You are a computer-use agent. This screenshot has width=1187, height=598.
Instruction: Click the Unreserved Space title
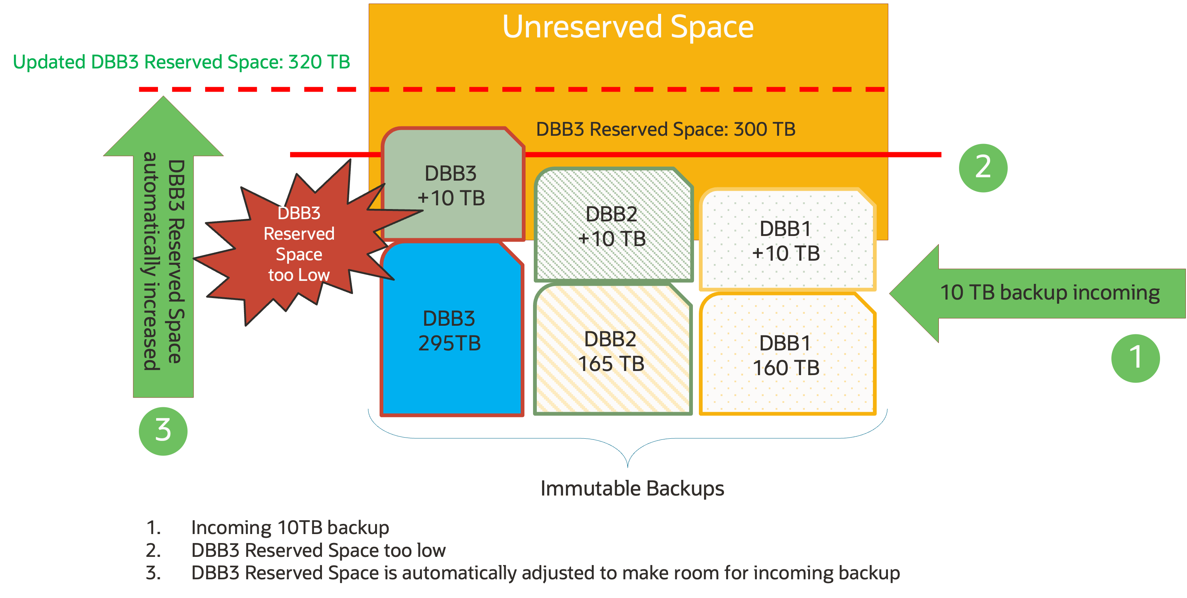pyautogui.click(x=628, y=27)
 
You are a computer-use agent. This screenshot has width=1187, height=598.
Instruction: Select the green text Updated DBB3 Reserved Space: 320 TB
pyautogui.click(x=182, y=62)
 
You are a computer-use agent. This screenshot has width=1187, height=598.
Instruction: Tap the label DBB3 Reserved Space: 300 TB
pyautogui.click(x=666, y=129)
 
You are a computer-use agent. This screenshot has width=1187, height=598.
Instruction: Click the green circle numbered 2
pyautogui.click(x=983, y=168)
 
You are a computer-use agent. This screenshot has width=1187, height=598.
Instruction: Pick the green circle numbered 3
pyautogui.click(x=163, y=431)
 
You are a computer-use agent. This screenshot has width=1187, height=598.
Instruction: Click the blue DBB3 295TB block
pyautogui.click(x=451, y=331)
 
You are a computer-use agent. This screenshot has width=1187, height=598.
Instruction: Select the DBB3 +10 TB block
pyautogui.click(x=451, y=186)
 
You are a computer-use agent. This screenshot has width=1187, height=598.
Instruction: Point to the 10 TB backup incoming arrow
pyautogui.click(x=1037, y=293)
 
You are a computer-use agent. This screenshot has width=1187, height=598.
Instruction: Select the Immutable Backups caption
pyautogui.click(x=632, y=488)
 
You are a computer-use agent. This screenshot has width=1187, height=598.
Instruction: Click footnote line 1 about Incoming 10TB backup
pyautogui.click(x=290, y=528)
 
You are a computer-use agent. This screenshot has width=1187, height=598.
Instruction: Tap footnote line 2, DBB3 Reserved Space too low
pyautogui.click(x=318, y=551)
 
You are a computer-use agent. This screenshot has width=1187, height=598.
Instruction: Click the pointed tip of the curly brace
pyautogui.click(x=628, y=466)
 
